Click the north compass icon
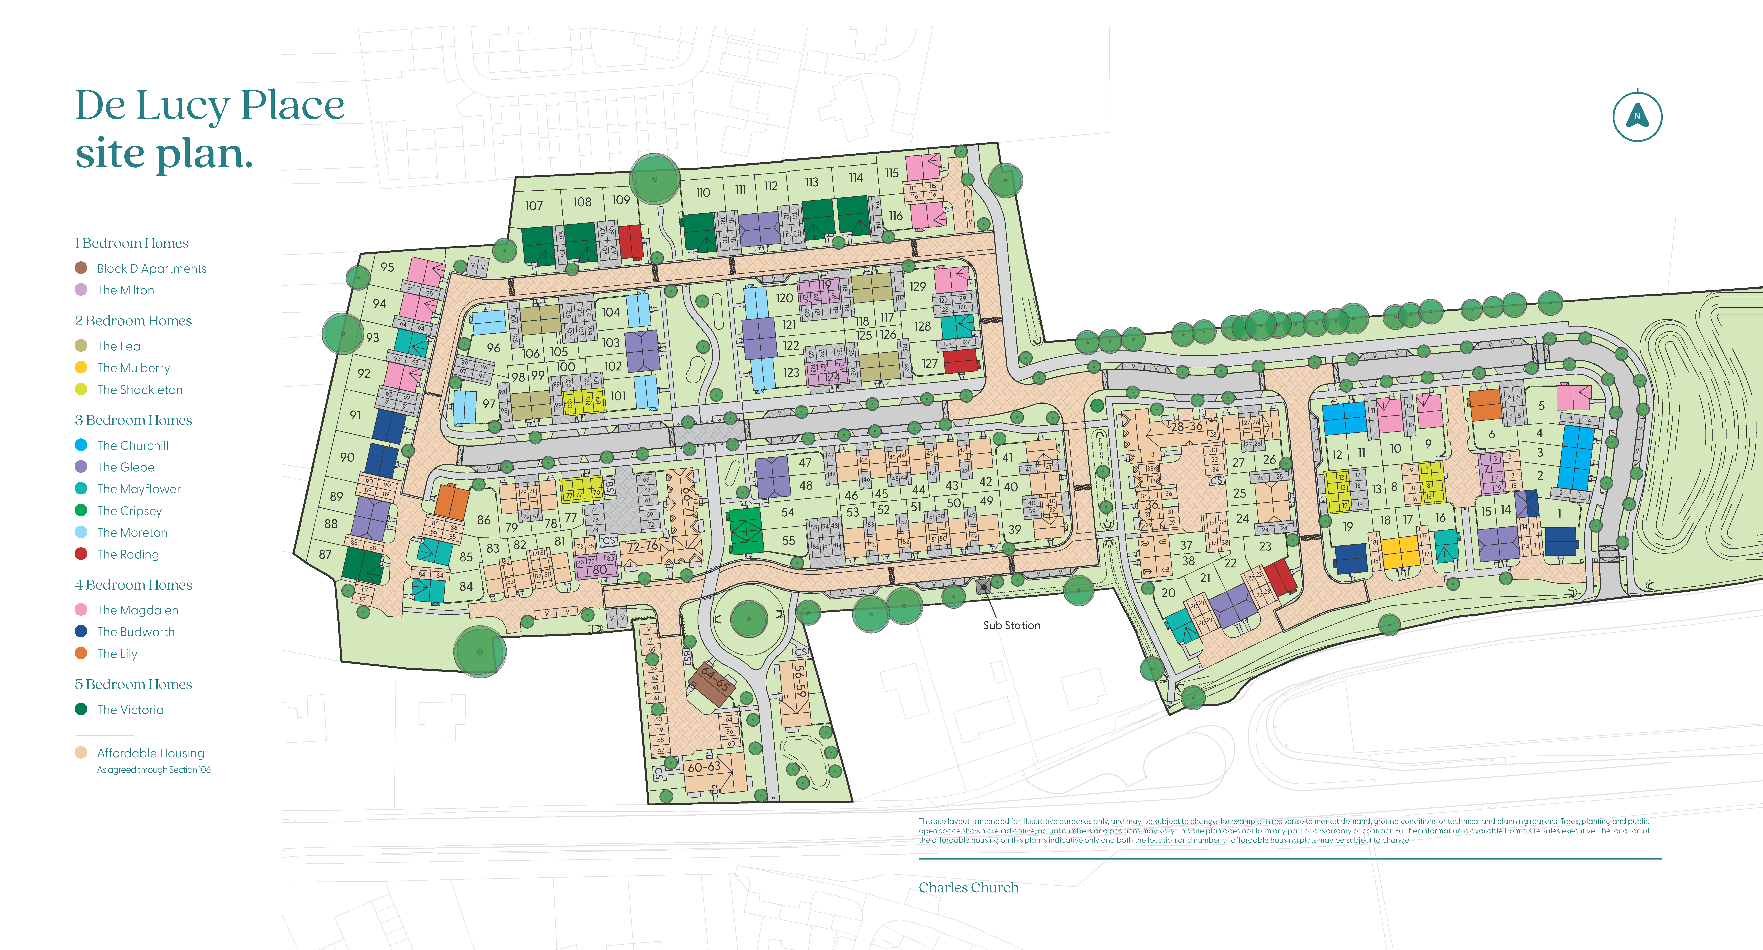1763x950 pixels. pyautogui.click(x=1637, y=116)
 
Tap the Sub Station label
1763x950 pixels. pyautogui.click(x=1011, y=625)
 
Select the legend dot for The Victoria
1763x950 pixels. pyautogui.click(x=81, y=709)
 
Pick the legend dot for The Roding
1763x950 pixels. pyautogui.click(x=81, y=554)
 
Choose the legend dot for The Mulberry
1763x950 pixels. pyautogui.click(x=81, y=367)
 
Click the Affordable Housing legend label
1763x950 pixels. pyautogui.click(x=151, y=753)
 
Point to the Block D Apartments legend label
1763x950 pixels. pyautogui.click(x=151, y=268)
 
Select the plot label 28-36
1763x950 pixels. pyautogui.click(x=1186, y=426)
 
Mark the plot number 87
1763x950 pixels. pyautogui.click(x=325, y=554)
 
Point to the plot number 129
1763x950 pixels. pyautogui.click(x=918, y=286)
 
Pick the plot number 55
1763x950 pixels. pyautogui.click(x=788, y=540)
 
